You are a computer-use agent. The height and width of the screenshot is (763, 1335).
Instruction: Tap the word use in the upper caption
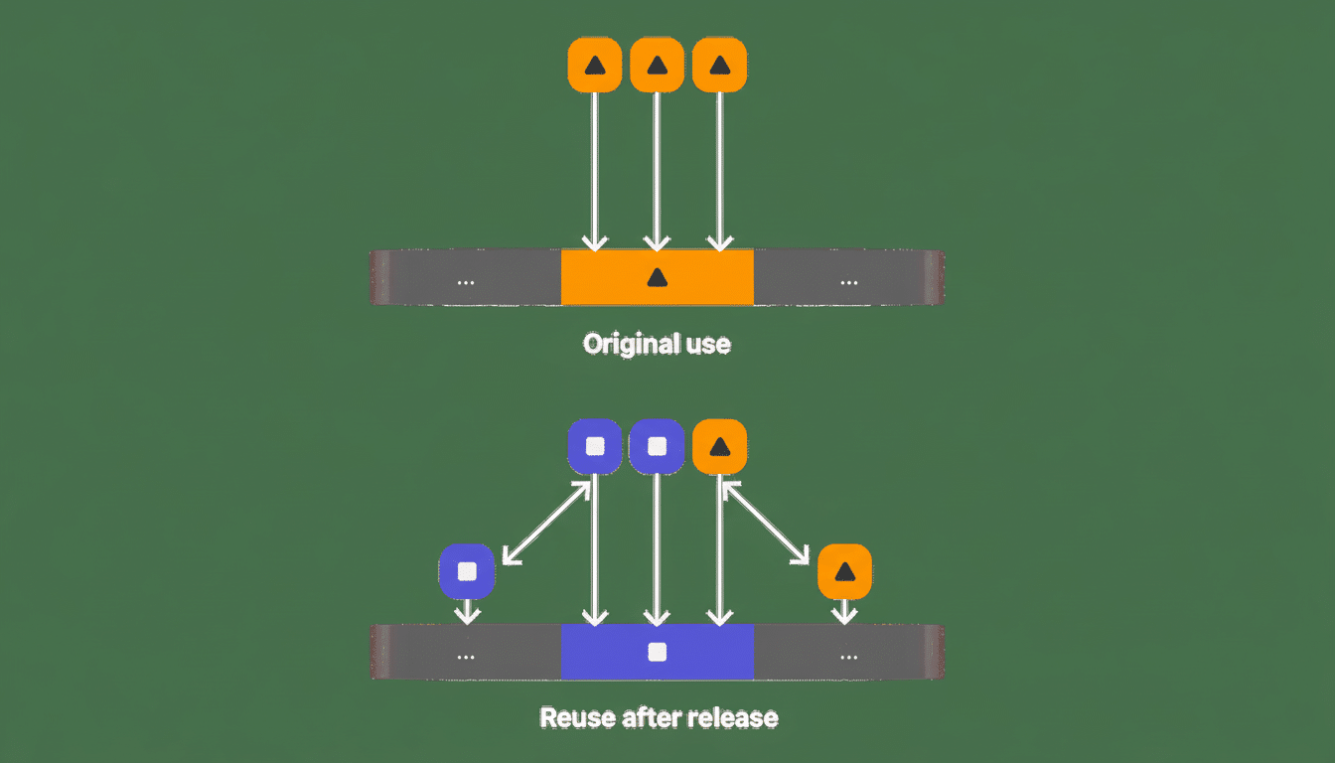[x=708, y=345]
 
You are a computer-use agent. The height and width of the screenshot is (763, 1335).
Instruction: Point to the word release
[x=736, y=717]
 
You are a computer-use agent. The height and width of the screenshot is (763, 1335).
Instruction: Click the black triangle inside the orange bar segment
[x=657, y=278]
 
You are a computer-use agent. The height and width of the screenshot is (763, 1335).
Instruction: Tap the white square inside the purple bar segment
[x=657, y=653]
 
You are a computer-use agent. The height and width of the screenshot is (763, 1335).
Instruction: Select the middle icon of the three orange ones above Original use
[x=657, y=66]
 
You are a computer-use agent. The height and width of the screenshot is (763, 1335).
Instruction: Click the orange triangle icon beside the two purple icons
[x=719, y=446]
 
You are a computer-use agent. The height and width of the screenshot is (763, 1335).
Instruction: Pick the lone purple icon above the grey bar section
[x=466, y=571]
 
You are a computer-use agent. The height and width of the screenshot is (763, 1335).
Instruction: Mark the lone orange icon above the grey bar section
[x=844, y=571]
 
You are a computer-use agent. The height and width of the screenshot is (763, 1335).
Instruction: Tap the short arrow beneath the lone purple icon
[x=466, y=611]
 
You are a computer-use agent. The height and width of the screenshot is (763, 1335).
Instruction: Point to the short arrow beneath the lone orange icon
[x=844, y=611]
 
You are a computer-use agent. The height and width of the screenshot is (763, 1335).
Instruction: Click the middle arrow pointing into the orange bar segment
[x=657, y=169]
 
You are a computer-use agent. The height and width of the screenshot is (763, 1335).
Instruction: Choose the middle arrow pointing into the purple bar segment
[x=657, y=546]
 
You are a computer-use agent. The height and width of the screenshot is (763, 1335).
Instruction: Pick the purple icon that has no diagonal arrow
[x=657, y=446]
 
